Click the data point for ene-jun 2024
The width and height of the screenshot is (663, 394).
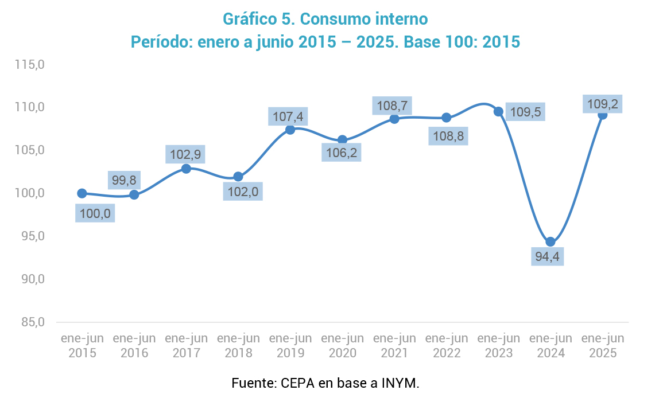click(550, 242)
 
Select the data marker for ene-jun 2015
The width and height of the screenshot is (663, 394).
click(82, 193)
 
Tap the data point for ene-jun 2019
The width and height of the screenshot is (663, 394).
click(290, 130)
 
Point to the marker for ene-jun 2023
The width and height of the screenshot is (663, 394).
click(498, 111)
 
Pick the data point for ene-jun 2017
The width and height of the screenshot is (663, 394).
click(186, 169)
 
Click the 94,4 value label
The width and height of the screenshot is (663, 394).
click(547, 256)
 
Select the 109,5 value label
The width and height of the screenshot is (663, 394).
click(525, 112)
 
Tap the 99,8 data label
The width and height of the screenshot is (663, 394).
click(124, 180)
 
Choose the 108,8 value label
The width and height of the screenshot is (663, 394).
click(448, 136)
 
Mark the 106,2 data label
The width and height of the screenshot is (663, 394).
click(341, 153)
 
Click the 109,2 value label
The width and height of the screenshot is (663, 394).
click(603, 104)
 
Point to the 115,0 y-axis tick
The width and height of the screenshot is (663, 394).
click(30, 65)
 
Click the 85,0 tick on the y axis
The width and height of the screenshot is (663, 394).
click(33, 322)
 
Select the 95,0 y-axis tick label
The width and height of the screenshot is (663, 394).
click(33, 236)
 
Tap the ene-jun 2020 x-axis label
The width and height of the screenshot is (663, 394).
click(343, 345)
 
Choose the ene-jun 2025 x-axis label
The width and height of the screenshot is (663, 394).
click(603, 345)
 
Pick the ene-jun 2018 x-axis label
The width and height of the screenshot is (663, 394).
click(238, 345)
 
